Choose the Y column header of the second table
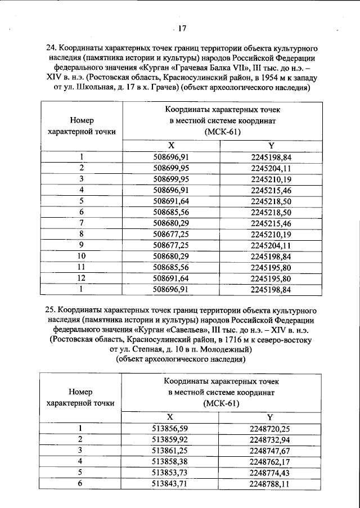point(270,417)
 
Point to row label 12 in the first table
point(82,279)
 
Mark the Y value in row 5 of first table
point(270,200)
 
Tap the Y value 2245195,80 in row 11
point(270,268)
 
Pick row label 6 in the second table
point(80,483)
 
